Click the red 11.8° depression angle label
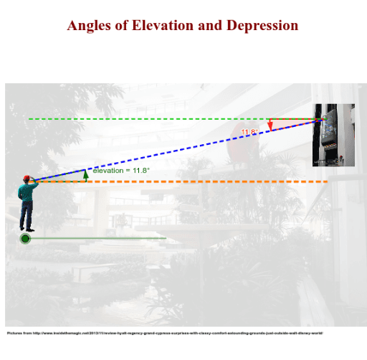249,132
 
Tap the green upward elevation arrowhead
86,173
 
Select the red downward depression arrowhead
270,125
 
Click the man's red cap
27,177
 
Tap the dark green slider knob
26,238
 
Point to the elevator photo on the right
333,136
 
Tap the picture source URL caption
165,333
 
